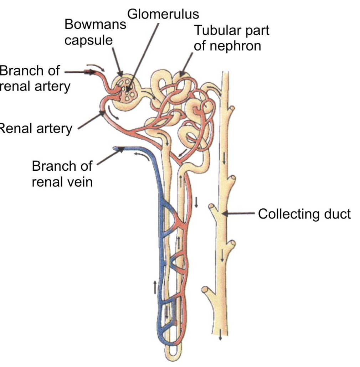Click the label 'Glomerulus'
[x=163, y=14]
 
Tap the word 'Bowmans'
[x=95, y=25]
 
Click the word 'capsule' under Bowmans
[x=88, y=40]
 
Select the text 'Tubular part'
[x=231, y=31]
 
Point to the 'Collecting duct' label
[x=304, y=214]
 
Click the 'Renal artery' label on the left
[x=36, y=129]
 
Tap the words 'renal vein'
[x=62, y=182]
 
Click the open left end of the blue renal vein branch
[x=115, y=148]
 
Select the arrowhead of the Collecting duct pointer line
[x=223, y=214]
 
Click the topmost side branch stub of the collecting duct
[x=232, y=108]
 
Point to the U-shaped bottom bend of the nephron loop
[x=171, y=356]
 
